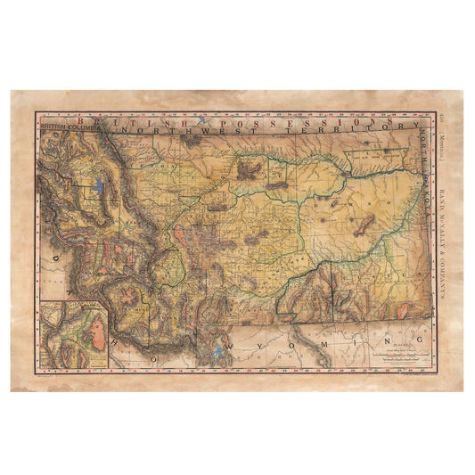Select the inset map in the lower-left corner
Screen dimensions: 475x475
(73, 334)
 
